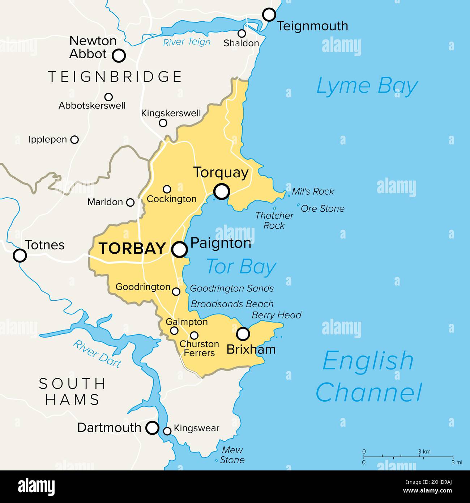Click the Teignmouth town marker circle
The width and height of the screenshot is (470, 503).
pyautogui.click(x=269, y=15)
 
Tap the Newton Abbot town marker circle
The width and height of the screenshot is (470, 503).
pyautogui.click(x=119, y=56)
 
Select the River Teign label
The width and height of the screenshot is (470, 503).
pyautogui.click(x=187, y=42)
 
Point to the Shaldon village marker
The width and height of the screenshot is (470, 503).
pyautogui.click(x=242, y=34)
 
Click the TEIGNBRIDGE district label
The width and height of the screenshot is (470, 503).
pyautogui.click(x=115, y=77)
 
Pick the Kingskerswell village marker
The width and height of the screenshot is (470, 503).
pyautogui.click(x=163, y=123)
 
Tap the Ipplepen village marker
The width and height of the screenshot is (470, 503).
pyautogui.click(x=74, y=139)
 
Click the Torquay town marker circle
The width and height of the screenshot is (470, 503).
pyautogui.click(x=222, y=191)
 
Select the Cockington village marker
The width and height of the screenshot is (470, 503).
pyautogui.click(x=167, y=189)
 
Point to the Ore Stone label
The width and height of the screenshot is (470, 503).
pyautogui.click(x=322, y=208)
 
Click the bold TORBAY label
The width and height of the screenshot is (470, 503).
pyautogui.click(x=132, y=249)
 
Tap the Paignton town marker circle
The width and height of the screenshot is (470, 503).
pyautogui.click(x=180, y=249)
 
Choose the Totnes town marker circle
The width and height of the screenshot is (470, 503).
pyautogui.click(x=20, y=255)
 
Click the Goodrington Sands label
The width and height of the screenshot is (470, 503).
pyautogui.click(x=232, y=288)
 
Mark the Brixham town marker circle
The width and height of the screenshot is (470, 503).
pyautogui.click(x=243, y=334)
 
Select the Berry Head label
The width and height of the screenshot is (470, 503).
pyautogui.click(x=277, y=315)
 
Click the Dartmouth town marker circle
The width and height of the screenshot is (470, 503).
pyautogui.click(x=152, y=428)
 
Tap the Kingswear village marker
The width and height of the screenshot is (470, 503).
pyautogui.click(x=167, y=431)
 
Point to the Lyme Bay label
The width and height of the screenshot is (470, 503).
pyautogui.click(x=367, y=86)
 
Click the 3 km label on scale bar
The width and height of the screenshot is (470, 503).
pyautogui.click(x=424, y=452)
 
